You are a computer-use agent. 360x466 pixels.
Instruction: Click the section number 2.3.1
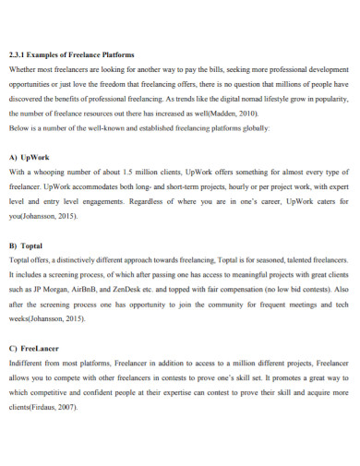pyautogui.click(x=18, y=54)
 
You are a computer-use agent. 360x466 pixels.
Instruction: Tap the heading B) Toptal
pyautogui.click(x=26, y=246)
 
